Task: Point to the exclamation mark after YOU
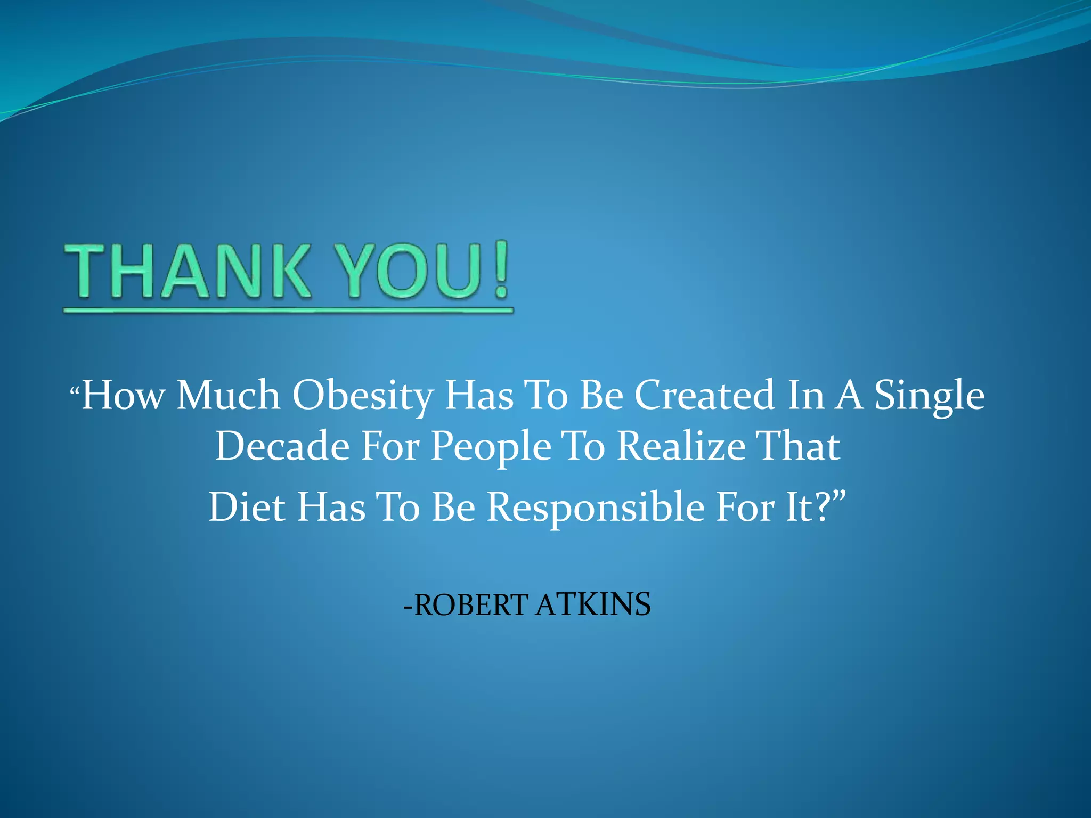pyautogui.click(x=501, y=269)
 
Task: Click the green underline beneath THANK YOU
pyautogui.click(x=288, y=310)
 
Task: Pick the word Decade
pyautogui.click(x=282, y=446)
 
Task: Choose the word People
pyautogui.click(x=491, y=446)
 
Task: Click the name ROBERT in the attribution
pyautogui.click(x=471, y=605)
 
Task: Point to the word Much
pyautogui.click(x=229, y=395)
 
